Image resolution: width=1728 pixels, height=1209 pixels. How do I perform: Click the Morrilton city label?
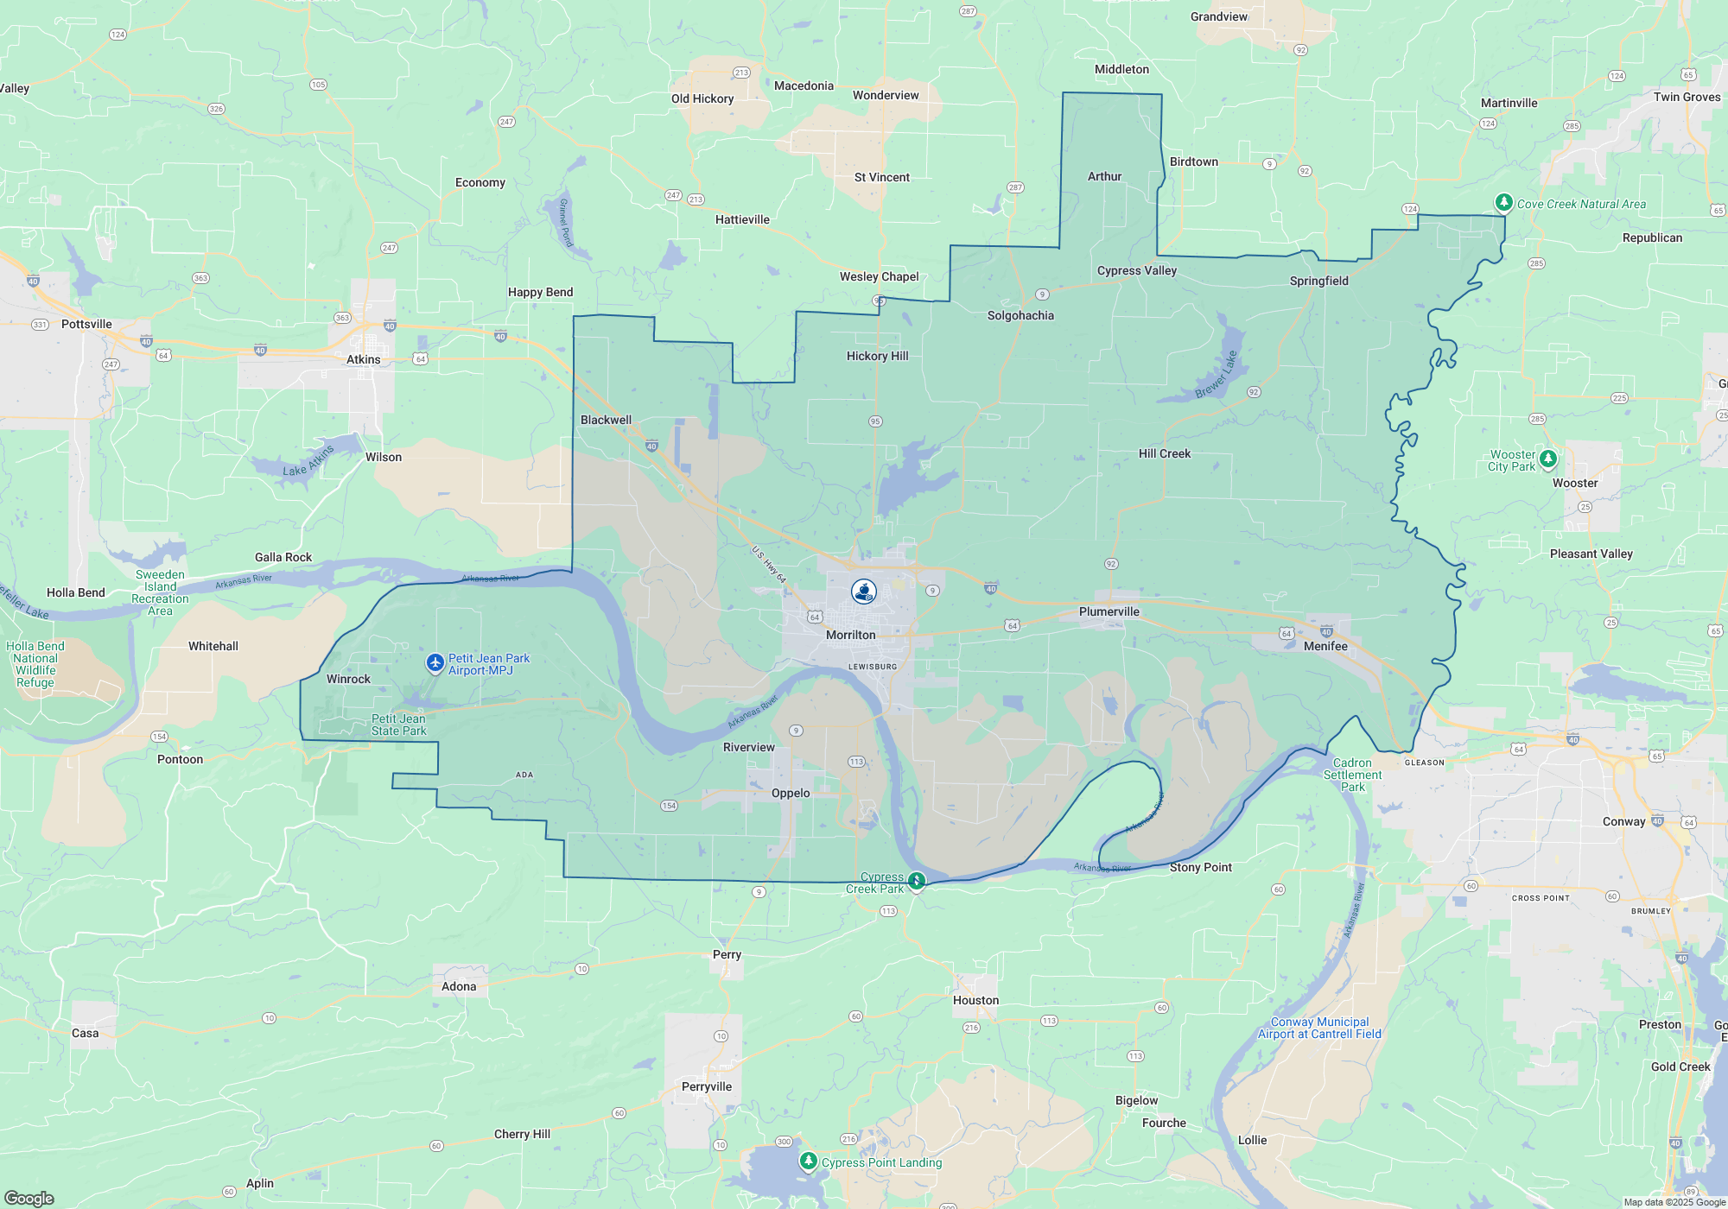pyautogui.click(x=850, y=635)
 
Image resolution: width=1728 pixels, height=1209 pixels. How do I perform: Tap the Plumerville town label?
pyautogui.click(x=1109, y=611)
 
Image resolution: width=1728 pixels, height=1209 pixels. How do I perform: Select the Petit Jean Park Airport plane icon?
pyautogui.click(x=435, y=663)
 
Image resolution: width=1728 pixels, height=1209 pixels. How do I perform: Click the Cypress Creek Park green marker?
pyautogui.click(x=917, y=881)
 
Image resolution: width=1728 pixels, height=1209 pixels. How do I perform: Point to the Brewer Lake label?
pyautogui.click(x=1217, y=375)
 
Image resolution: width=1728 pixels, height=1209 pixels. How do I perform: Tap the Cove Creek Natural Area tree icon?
pyautogui.click(x=1504, y=202)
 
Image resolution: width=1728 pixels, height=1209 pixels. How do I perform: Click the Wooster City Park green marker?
pyautogui.click(x=1548, y=459)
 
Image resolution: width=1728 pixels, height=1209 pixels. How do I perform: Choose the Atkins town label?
pyautogui.click(x=363, y=359)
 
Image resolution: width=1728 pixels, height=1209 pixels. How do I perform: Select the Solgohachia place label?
pyautogui.click(x=1020, y=315)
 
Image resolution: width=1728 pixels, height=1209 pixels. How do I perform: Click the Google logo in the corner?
pyautogui.click(x=29, y=1198)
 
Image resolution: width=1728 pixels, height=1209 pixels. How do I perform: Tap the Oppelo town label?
pyautogui.click(x=791, y=793)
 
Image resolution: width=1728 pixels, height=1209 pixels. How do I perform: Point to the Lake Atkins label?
pyautogui.click(x=308, y=461)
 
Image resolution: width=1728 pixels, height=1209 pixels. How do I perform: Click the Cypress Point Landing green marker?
pyautogui.click(x=808, y=1161)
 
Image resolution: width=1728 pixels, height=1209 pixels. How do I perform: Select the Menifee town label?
pyautogui.click(x=1325, y=646)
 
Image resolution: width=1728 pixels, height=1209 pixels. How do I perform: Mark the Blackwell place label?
pyautogui.click(x=606, y=420)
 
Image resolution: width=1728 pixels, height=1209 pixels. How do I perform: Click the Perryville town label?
pyautogui.click(x=706, y=1086)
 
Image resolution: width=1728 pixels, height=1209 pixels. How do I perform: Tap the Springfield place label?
pyautogui.click(x=1318, y=281)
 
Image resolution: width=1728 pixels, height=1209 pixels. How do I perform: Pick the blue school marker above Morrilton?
pyautogui.click(x=864, y=592)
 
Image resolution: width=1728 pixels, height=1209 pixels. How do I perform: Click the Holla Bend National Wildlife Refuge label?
pyautogui.click(x=35, y=664)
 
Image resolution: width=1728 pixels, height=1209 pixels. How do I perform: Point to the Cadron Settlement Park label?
pyautogui.click(x=1352, y=775)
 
